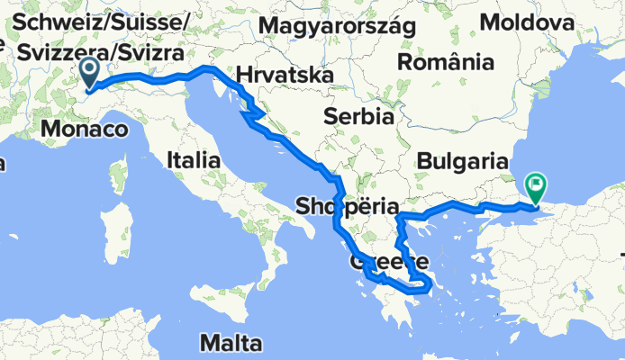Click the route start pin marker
point(90,72)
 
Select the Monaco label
point(82,130)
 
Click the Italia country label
point(194,160)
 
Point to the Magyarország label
point(336,26)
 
